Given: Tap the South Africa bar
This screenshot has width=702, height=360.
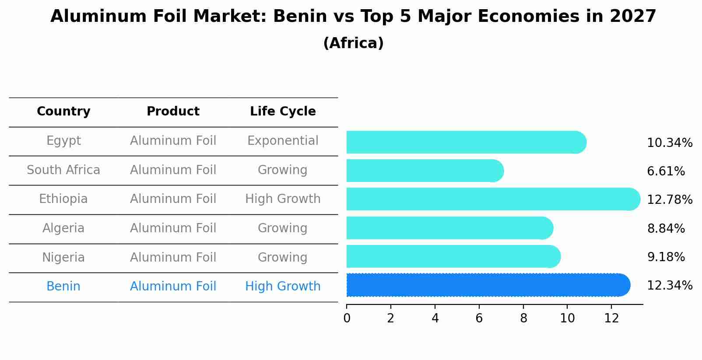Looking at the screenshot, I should tap(425, 171).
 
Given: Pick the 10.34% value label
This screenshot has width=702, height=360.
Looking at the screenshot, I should tap(669, 143).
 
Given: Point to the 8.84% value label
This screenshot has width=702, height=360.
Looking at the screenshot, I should tap(666, 228).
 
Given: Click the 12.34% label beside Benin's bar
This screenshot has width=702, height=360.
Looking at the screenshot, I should tap(669, 286).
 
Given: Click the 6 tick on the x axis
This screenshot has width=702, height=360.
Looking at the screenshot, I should tap(479, 318).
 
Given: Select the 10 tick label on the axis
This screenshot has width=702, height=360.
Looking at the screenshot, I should tap(567, 318).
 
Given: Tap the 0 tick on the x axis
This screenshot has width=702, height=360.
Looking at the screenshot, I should tap(347, 318).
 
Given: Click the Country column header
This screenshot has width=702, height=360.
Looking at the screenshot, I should tap(63, 112).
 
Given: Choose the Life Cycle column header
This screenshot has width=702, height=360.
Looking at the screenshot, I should tap(283, 112).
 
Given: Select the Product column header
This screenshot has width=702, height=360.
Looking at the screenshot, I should tap(173, 112).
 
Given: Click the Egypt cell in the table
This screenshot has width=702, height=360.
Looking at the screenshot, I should tap(63, 141).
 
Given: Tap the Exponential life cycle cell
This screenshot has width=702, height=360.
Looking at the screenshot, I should tap(283, 141).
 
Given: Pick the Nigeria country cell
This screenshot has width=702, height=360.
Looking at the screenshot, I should tap(63, 257).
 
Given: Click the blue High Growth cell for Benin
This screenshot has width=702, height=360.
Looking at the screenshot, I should tap(283, 287).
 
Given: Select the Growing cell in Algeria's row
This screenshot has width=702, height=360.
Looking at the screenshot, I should tap(283, 228).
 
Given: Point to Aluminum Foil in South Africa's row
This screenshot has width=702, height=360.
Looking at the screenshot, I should tap(173, 170).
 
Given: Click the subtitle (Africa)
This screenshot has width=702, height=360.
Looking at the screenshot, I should tap(353, 43).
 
